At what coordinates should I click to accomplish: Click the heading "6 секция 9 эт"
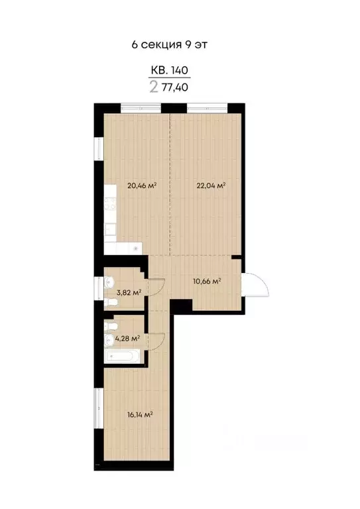point(174,44)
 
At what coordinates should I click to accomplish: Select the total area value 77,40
point(184,86)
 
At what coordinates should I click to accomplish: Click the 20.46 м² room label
point(141,186)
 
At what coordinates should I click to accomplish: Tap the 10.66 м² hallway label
point(206,281)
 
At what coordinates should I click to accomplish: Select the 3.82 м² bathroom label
point(129,292)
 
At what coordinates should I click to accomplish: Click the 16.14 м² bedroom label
point(140,416)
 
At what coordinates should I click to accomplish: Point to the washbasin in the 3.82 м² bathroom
point(109,282)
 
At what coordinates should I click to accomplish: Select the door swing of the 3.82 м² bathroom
point(153,287)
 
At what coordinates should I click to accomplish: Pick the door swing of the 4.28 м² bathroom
point(156,341)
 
